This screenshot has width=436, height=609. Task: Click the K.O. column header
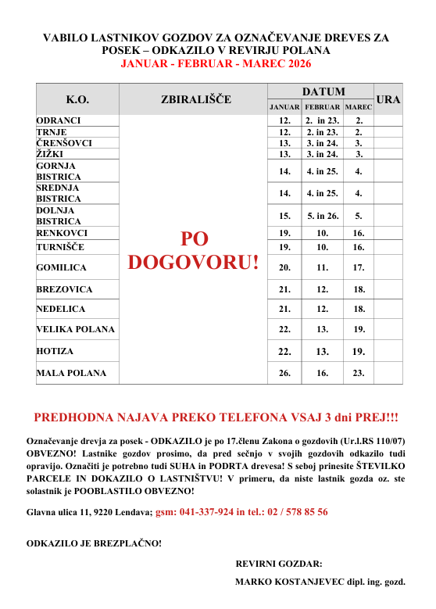coord(77,99)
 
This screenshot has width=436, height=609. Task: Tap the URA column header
coord(388,99)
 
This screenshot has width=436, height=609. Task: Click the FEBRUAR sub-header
coord(322,106)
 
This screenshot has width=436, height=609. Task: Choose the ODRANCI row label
coord(59,121)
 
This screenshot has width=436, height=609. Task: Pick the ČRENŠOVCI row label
coord(64,143)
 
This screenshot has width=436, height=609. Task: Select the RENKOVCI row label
coord(62,233)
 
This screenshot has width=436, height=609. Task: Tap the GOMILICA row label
coord(61,267)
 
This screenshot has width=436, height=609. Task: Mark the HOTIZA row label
coord(55,352)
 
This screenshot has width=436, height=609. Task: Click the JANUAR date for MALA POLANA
coord(284,374)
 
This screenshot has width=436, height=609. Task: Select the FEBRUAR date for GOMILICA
coord(322,267)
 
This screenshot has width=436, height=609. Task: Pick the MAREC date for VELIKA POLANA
coord(359,330)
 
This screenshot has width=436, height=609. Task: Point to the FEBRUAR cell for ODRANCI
coord(322,121)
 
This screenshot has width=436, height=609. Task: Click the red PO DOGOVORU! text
coord(193,250)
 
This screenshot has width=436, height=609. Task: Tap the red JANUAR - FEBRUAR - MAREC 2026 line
coord(216,63)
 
